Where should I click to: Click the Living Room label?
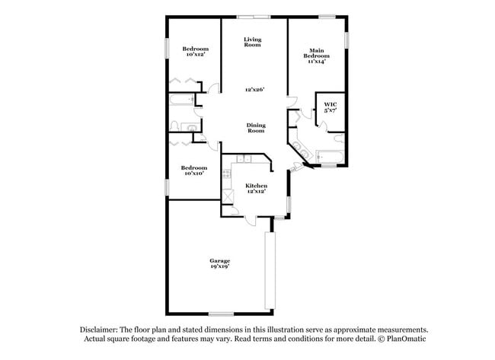253,43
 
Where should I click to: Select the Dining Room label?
256,128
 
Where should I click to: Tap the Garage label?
220,261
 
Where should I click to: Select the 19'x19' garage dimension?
220,267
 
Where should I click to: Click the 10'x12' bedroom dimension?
195,55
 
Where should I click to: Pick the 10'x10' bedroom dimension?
193,173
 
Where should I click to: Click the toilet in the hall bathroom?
175,126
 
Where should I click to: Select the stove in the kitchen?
226,177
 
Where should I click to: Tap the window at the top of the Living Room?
253,17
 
